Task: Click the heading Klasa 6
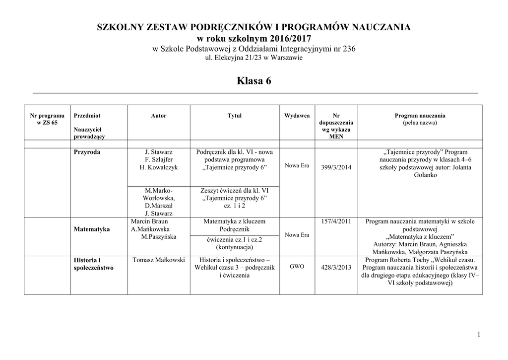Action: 254,80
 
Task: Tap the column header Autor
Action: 159,116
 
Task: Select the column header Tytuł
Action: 235,116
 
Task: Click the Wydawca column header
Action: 297,116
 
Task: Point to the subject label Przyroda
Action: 86,152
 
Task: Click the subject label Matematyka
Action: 92,229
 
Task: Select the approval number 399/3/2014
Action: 336,167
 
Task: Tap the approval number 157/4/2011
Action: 336,221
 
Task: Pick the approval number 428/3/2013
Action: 336,267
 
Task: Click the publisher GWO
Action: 297,267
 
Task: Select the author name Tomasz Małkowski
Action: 159,260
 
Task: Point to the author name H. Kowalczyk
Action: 159,167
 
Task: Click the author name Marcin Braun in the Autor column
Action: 149,221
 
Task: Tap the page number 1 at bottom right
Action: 479,335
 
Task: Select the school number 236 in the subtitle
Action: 348,49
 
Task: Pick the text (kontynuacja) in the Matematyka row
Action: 235,247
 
